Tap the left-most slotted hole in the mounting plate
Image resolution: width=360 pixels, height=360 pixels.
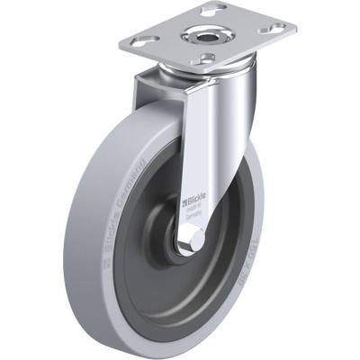coord(145,40)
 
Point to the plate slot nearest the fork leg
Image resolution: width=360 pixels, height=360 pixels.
coord(208,59)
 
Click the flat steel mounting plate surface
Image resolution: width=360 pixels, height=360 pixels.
coord(238,40)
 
